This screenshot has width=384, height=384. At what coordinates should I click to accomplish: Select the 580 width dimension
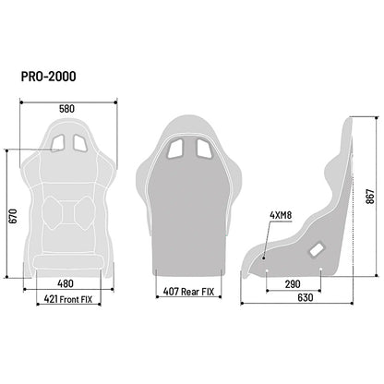coord(67,108)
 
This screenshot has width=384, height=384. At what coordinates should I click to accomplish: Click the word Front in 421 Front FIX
coord(74,299)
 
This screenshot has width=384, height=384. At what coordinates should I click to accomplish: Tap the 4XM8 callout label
coord(256,219)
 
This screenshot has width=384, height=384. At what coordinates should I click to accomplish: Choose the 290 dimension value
coord(292,284)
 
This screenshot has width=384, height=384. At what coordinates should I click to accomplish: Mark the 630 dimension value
coord(292,298)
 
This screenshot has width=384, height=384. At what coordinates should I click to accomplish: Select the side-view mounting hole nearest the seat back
coord(319,270)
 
